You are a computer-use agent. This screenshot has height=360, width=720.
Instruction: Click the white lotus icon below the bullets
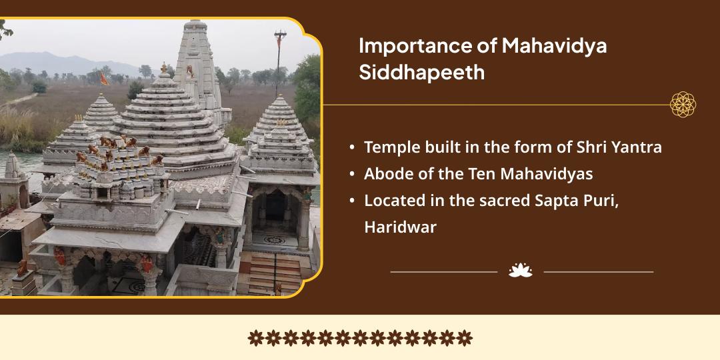click(x=520, y=270)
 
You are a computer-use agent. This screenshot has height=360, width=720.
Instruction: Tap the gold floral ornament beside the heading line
click(x=683, y=104)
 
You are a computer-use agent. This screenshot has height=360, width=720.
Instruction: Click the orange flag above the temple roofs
click(x=104, y=79)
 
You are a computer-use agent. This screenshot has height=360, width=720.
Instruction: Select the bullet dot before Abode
click(x=352, y=175)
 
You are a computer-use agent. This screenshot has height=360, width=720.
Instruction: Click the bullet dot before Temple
click(x=352, y=148)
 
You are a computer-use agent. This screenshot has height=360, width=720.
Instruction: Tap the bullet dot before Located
click(x=352, y=201)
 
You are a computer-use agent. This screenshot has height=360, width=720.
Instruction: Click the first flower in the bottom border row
click(x=256, y=337)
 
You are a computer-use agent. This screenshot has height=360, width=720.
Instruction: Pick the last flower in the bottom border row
click(x=464, y=337)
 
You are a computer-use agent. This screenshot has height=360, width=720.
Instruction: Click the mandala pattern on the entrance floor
click(x=274, y=240)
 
